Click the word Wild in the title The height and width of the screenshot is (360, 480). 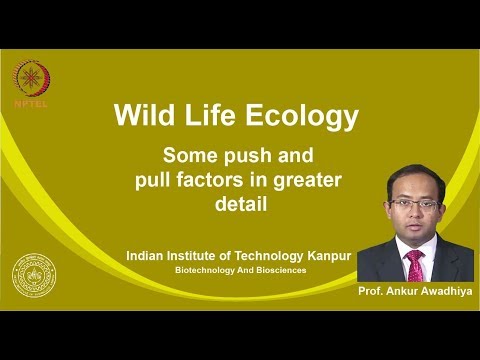142,117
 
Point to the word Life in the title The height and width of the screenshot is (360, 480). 212,117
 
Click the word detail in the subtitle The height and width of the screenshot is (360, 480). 239,204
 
